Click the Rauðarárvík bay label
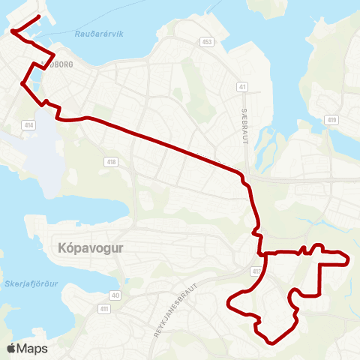pyautogui.click(x=99, y=34)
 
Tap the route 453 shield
pyautogui.click(x=207, y=42)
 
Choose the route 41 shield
pyautogui.click(x=242, y=87)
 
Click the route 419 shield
pyautogui.click(x=331, y=119)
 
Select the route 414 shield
pyautogui.click(x=29, y=124)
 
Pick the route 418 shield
pyautogui.click(x=112, y=161)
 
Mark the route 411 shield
pyautogui.click(x=104, y=308)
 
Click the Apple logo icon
pyautogui.click(x=12, y=348)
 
